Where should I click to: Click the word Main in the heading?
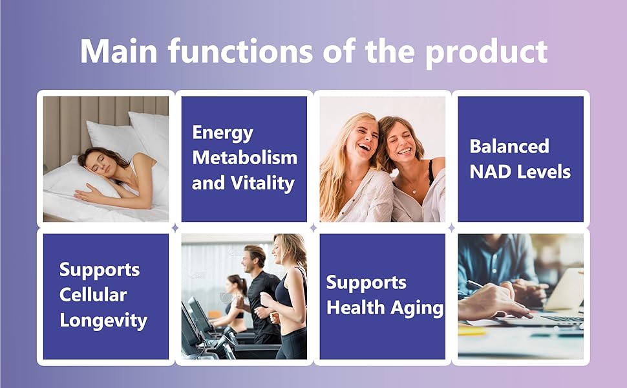(119, 51)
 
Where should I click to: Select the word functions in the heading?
(240, 51)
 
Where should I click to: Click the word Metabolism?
(245, 157)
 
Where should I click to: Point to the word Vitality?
(262, 184)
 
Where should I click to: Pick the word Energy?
(223, 133)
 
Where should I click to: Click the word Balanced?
(509, 146)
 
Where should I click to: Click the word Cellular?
(93, 295)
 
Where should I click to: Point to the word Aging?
(417, 308)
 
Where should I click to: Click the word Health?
(356, 308)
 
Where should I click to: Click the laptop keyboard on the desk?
(564, 319)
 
